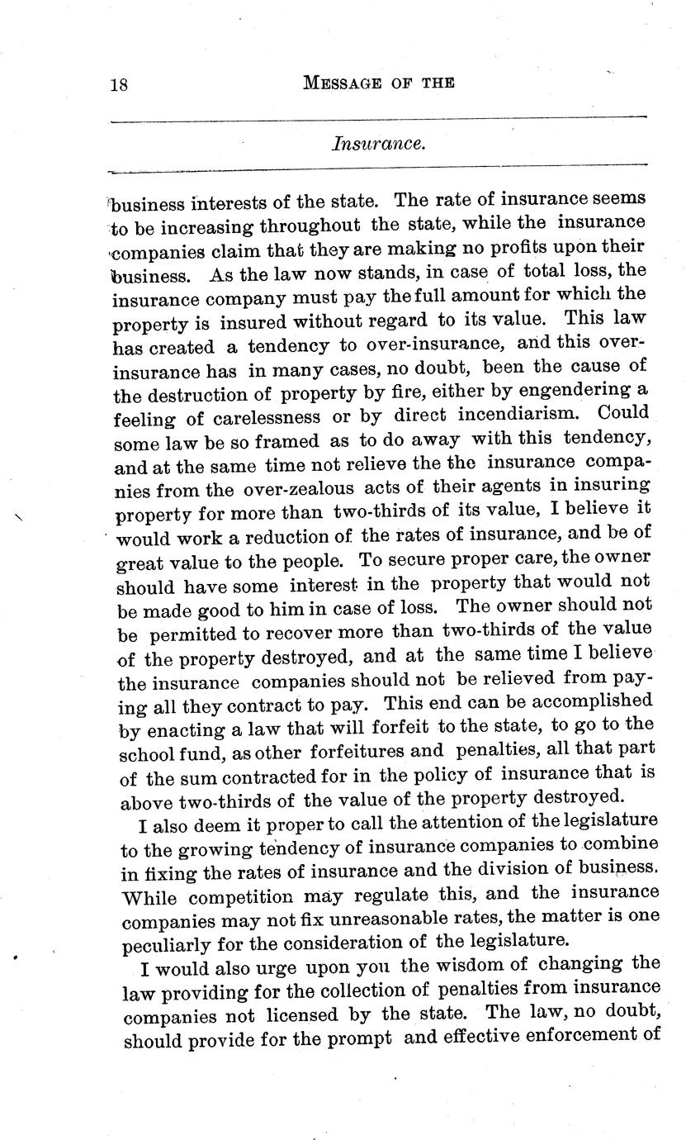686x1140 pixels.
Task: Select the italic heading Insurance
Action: pos(379,144)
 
